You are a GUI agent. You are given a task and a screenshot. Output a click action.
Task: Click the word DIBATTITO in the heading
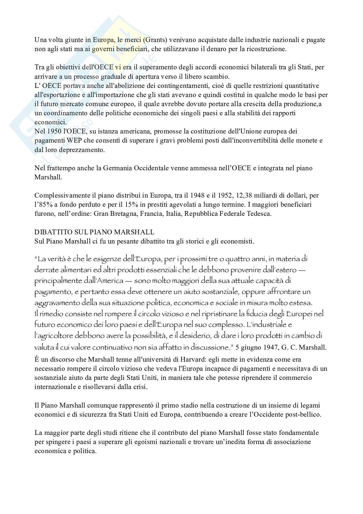pos(51,232)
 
